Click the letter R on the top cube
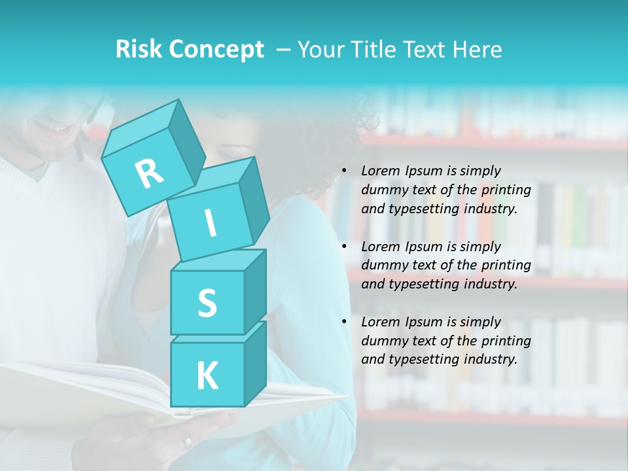coord(150,173)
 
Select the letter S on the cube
coord(207,304)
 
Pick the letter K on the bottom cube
coord(207,376)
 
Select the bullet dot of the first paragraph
coord(344,171)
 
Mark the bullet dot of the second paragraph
coord(344,247)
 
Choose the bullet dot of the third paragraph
coord(344,323)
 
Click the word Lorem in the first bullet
coord(379,171)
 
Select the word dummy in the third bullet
coord(382,341)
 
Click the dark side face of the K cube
coord(255,363)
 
